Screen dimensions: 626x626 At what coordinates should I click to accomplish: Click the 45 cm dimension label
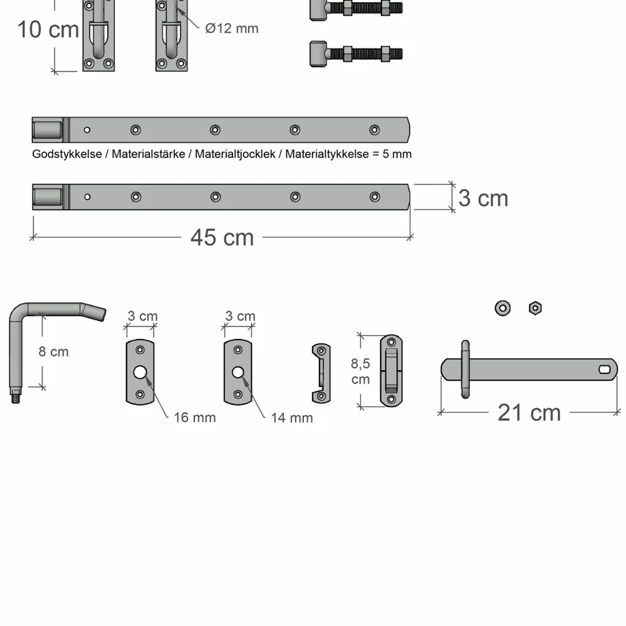(222, 237)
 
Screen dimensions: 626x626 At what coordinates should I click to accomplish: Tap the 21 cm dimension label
(529, 413)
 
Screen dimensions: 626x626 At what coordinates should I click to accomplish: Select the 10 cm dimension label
(48, 30)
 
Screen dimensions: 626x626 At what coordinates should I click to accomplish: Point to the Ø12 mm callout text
(232, 28)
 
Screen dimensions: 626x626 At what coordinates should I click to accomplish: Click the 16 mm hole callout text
(194, 417)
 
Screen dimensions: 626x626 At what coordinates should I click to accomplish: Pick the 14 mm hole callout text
(292, 418)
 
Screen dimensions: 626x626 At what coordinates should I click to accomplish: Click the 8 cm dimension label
(53, 352)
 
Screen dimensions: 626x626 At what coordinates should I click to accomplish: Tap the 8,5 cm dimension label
(361, 371)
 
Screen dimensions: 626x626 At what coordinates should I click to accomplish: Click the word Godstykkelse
(67, 154)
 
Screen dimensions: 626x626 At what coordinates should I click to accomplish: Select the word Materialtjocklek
(235, 154)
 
